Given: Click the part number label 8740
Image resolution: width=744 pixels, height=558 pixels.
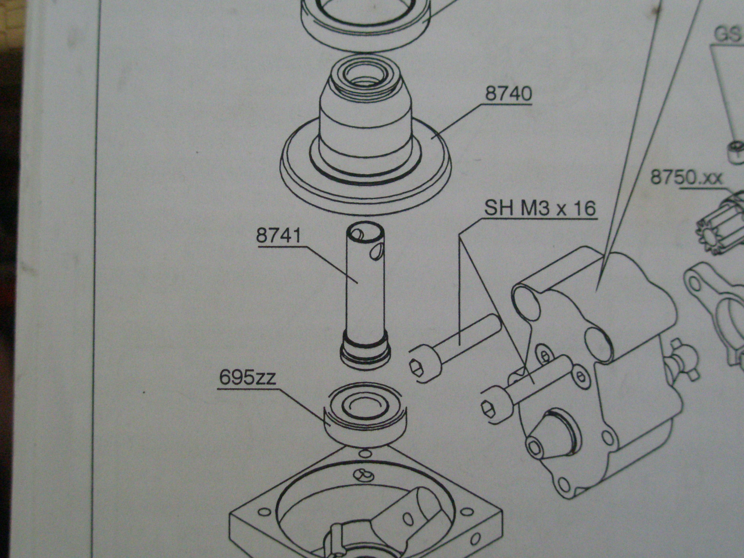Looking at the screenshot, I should [x=509, y=94].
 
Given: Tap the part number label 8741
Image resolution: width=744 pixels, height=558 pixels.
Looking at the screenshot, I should [x=279, y=236].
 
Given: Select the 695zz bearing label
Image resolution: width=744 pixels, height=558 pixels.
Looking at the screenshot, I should [x=247, y=378].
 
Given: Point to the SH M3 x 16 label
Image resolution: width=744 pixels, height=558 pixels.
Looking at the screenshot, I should [x=540, y=209].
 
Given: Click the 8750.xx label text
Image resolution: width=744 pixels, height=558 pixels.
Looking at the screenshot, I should [x=686, y=178].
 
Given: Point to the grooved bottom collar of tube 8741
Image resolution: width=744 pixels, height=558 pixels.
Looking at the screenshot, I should [x=366, y=354].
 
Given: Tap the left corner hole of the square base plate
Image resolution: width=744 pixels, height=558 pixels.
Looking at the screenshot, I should [x=264, y=512].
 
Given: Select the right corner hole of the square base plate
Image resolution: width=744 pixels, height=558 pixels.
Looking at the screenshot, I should [x=465, y=512].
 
